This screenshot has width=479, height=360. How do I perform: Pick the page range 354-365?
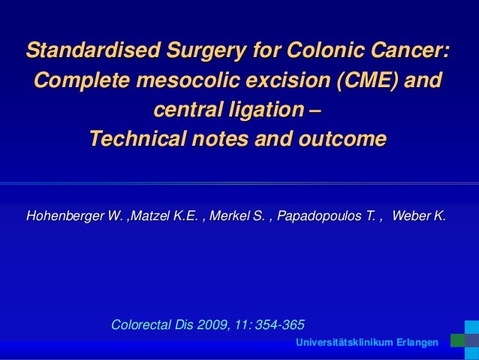(281, 325)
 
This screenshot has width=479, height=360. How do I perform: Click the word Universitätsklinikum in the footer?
(345, 343)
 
